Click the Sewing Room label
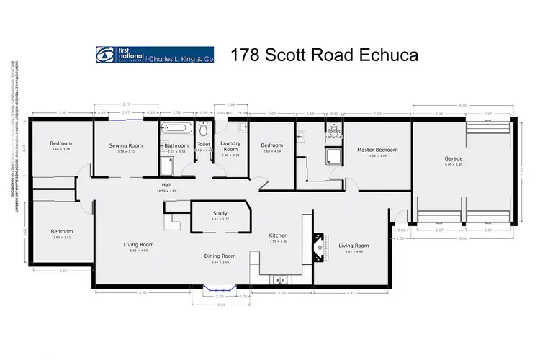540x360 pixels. pos(126,145)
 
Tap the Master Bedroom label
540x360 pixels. pos(372,150)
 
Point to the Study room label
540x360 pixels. pos(220,213)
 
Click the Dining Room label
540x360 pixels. pos(224,256)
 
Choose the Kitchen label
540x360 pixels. pos(279,235)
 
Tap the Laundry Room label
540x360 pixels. pos(230,146)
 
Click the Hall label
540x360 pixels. pos(166,185)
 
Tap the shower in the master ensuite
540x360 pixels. pos(335,157)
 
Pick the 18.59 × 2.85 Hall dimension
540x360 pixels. pos(166,192)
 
